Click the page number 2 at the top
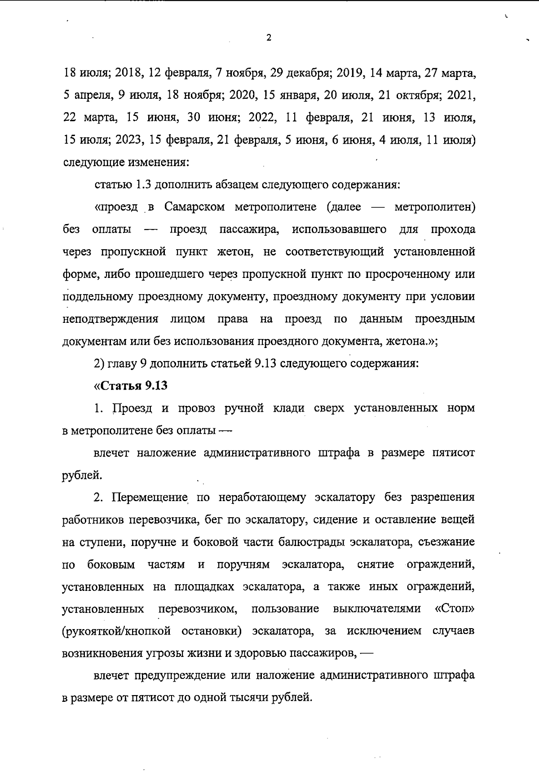(x=269, y=38)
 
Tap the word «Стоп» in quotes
(x=455, y=609)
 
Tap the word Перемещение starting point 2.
(x=149, y=498)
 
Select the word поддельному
(x=97, y=297)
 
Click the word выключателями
(x=377, y=609)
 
